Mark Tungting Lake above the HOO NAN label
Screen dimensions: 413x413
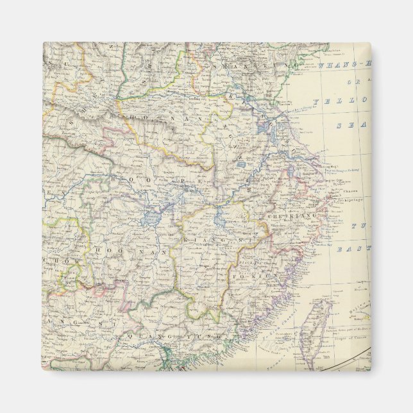pos(151,217)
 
